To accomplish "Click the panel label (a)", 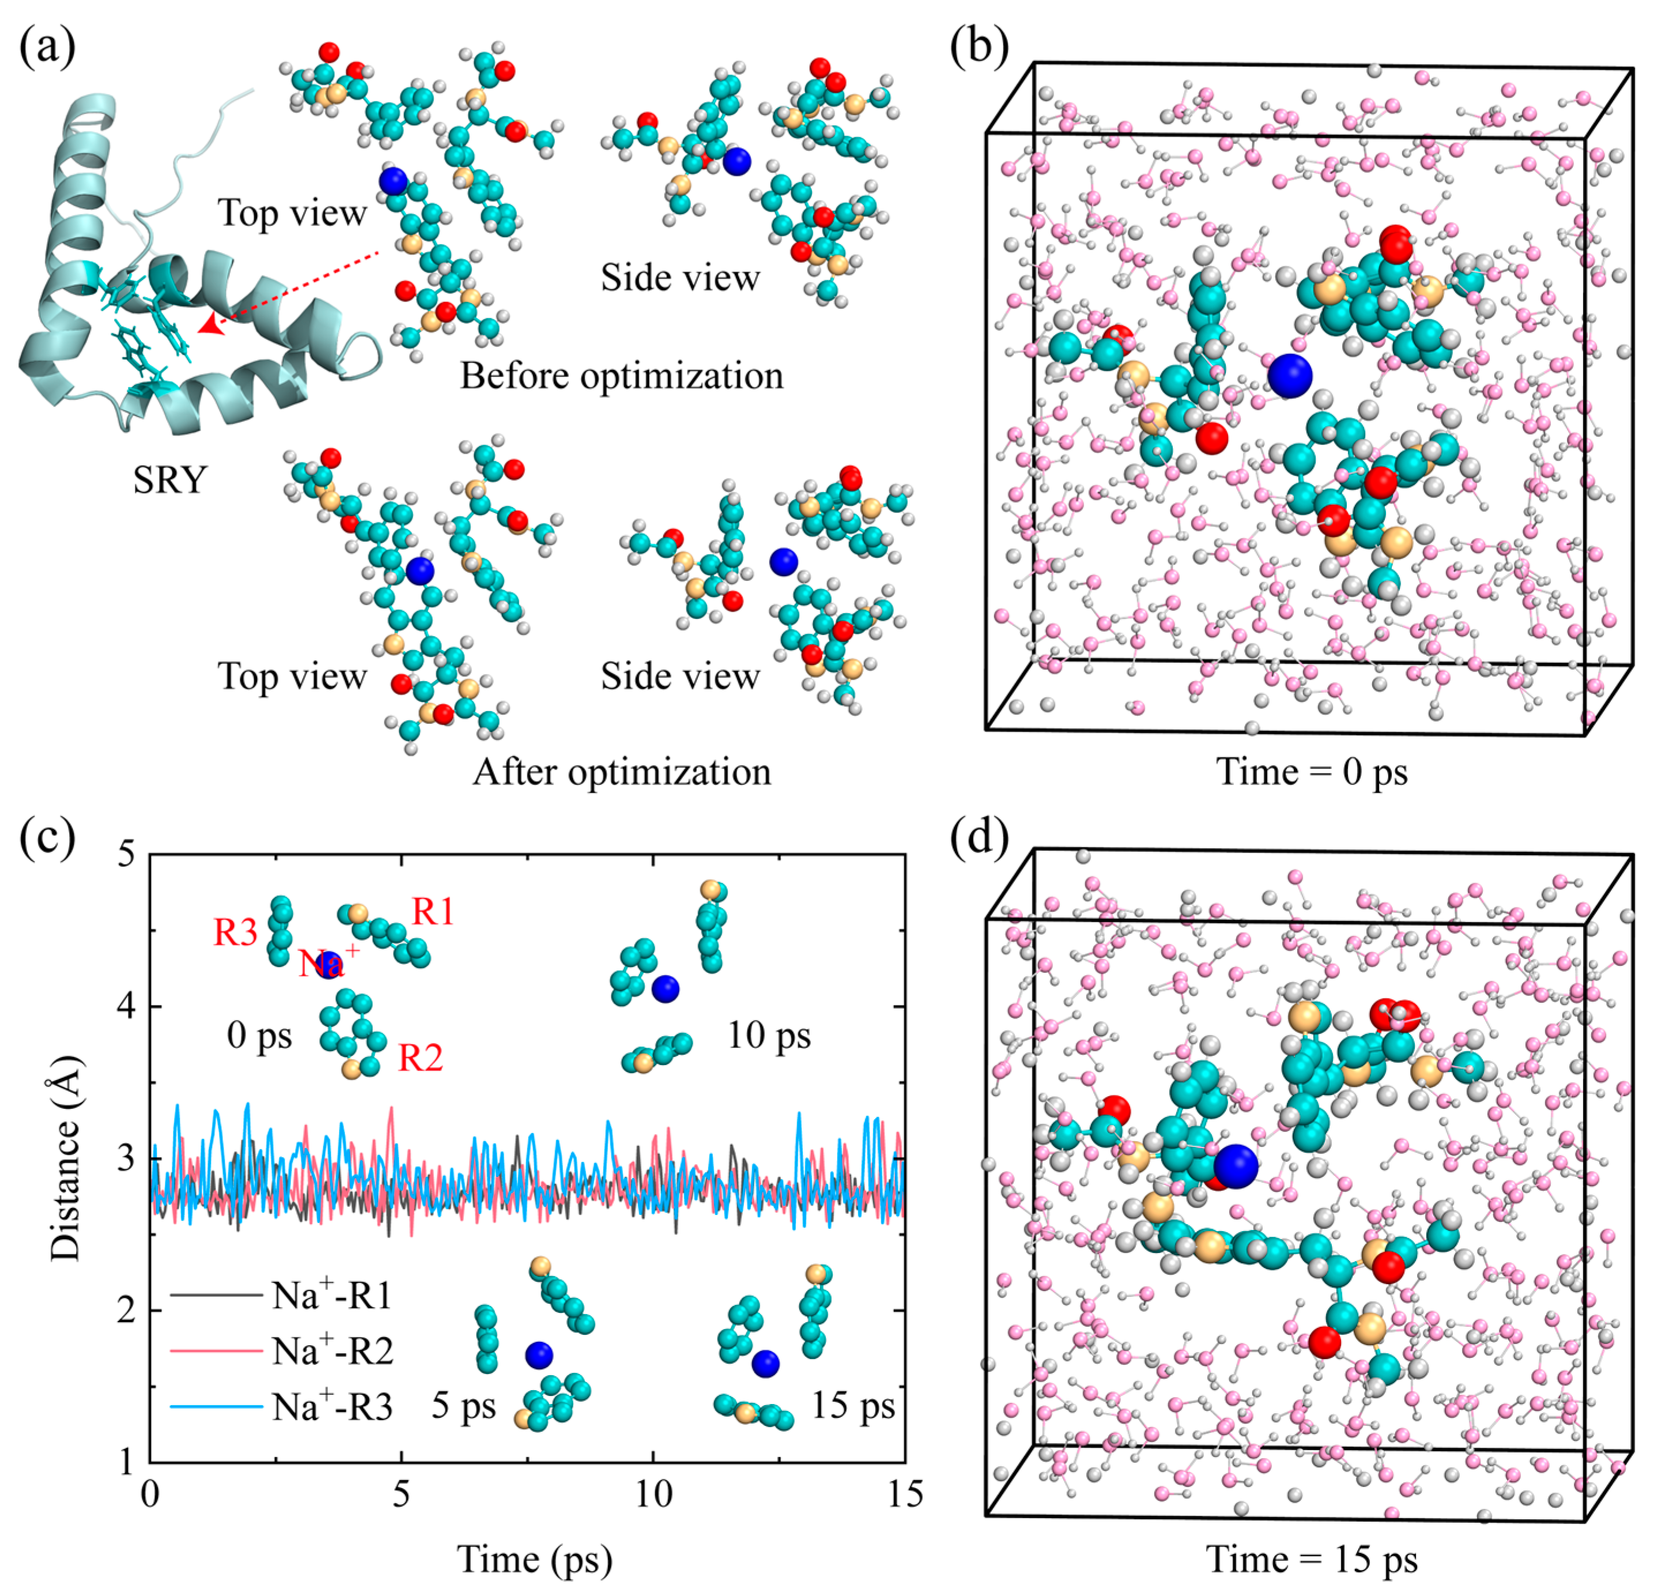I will point(47,47).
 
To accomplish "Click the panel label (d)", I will point(979,838).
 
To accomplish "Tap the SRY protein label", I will point(169,480).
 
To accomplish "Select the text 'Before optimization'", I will point(621,376).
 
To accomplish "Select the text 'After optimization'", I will point(621,771).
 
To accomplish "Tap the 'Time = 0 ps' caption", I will point(1312,771).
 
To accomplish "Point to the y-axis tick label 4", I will point(126,1007).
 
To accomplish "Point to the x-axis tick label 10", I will point(652,1494).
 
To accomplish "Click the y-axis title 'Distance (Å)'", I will point(65,1158).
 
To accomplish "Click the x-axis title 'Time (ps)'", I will point(534,1558).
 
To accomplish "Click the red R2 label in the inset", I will point(420,1058).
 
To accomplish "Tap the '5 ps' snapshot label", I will point(463,1406).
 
